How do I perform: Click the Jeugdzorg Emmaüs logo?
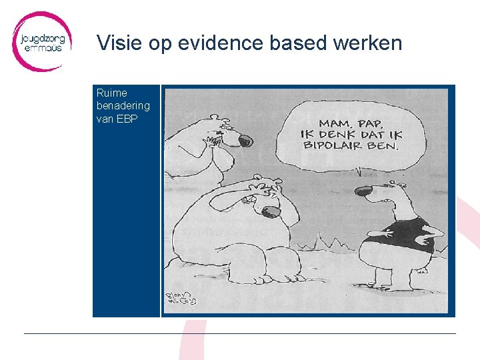[x=41, y=41]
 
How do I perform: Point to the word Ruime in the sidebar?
[x=111, y=93]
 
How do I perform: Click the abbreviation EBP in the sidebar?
[x=127, y=117]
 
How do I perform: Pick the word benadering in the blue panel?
[x=123, y=105]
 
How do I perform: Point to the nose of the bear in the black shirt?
[x=363, y=191]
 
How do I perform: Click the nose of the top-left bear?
[x=245, y=140]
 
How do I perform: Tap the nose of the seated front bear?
[x=270, y=213]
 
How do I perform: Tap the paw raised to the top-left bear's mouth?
[x=215, y=141]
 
